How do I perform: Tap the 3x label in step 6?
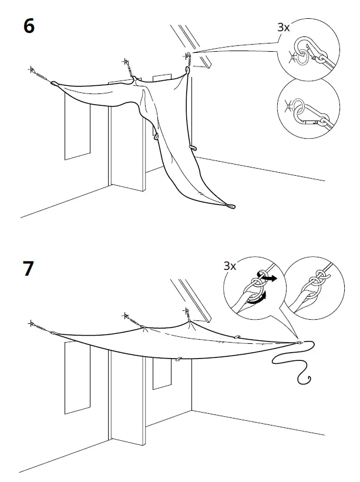tap(284, 26)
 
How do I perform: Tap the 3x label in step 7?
tap(230, 266)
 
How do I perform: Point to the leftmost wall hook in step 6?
tap(31, 69)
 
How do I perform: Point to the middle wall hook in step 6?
tap(126, 62)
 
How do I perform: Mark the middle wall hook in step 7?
tap(126, 316)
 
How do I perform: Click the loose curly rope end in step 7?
tap(294, 364)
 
